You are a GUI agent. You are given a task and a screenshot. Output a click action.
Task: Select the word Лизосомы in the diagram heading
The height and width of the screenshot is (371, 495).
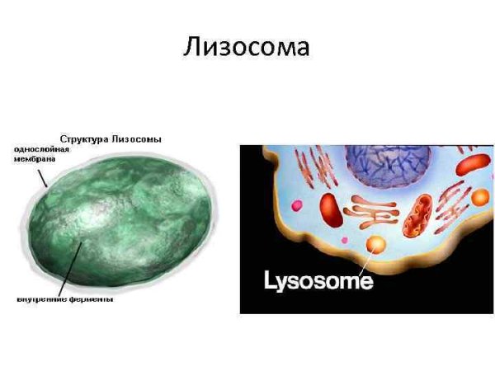coord(139,139)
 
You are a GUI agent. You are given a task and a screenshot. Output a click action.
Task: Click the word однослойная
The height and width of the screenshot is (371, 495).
coord(38,149)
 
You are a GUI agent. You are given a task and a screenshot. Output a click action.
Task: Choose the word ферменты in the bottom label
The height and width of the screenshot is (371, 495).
coord(90,299)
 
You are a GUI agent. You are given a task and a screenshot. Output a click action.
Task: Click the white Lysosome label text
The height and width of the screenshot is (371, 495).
coord(318,281)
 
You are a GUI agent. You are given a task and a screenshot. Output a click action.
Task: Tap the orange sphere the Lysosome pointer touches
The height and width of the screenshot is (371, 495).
coord(376,245)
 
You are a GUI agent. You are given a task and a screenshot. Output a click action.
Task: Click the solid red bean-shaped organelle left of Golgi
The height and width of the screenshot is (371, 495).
coord(331,209)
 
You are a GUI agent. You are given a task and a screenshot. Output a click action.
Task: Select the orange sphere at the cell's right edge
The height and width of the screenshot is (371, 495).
coord(479,197)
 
